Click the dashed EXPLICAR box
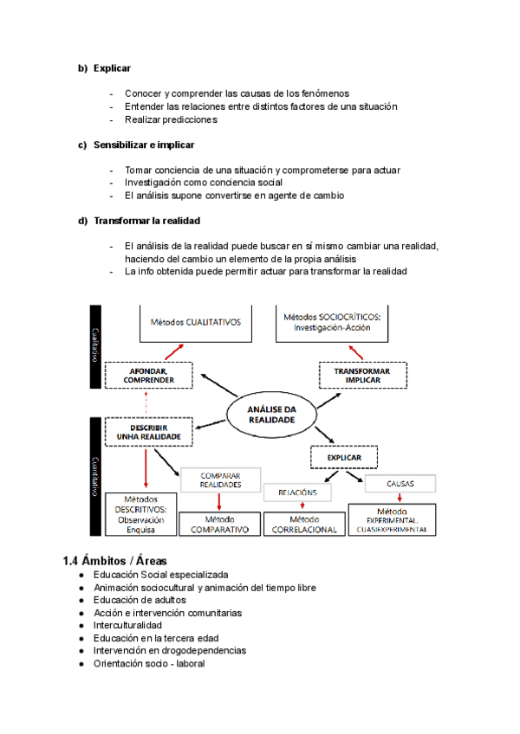[x=344, y=457]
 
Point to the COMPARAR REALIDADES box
[x=220, y=480]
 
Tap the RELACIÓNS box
[x=297, y=493]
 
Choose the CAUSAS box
[x=400, y=485]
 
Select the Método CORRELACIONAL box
[x=303, y=524]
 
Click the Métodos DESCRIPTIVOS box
[x=140, y=514]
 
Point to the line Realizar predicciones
[x=171, y=119]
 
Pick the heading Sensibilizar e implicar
[x=144, y=145]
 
